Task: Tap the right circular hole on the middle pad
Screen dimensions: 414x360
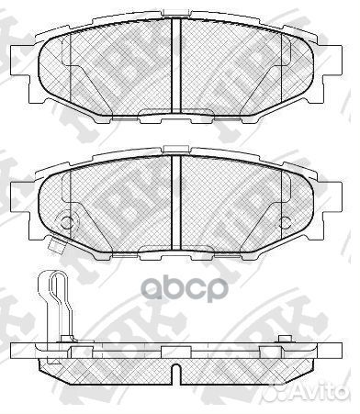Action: (x=287, y=221)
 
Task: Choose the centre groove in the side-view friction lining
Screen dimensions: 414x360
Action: (x=174, y=371)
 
